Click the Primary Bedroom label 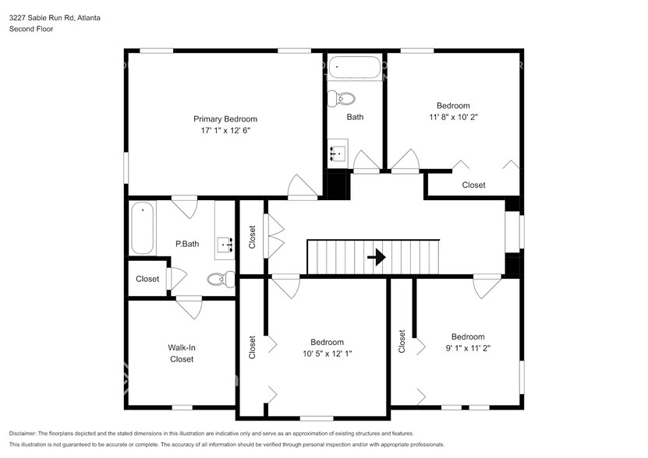click(x=225, y=119)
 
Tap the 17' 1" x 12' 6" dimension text click(x=225, y=131)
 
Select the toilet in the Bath click(x=342, y=99)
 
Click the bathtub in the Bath click(x=355, y=67)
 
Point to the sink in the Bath click(x=338, y=153)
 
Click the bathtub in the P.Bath click(x=143, y=227)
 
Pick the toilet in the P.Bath click(x=221, y=280)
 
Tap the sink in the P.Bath click(x=225, y=245)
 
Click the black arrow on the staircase click(x=377, y=257)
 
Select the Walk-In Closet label click(x=182, y=354)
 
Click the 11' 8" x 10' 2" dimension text click(x=453, y=117)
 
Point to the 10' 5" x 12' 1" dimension click(x=328, y=354)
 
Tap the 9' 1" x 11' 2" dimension click(x=468, y=348)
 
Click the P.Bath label click(x=187, y=244)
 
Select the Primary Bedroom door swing click(x=303, y=186)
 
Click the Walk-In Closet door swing click(x=189, y=307)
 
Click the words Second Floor click(x=31, y=29)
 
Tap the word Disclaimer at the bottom click(x=23, y=433)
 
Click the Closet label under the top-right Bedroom click(x=473, y=185)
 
